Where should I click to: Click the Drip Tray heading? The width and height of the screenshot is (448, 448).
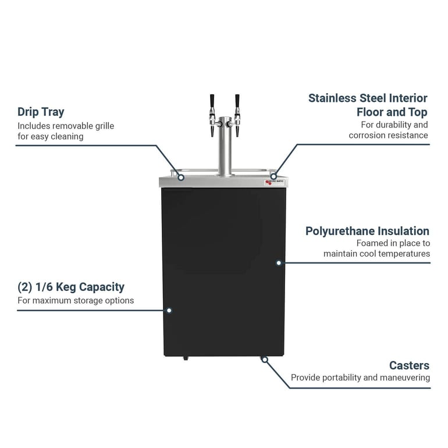41,112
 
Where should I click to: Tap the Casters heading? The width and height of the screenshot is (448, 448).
409,365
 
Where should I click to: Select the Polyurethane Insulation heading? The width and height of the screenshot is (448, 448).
367,231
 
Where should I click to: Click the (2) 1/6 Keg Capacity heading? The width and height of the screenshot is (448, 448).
70,287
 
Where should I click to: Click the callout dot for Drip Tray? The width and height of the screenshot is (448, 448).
181,176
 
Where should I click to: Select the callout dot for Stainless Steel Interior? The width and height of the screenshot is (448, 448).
273,176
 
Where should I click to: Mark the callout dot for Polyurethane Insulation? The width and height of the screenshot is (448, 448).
279,263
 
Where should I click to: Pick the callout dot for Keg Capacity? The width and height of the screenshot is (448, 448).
169,310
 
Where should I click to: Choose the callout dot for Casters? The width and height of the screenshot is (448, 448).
265,360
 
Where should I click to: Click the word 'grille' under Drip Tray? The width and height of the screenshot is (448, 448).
102,126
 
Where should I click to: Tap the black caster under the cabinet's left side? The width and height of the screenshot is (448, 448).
186,357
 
